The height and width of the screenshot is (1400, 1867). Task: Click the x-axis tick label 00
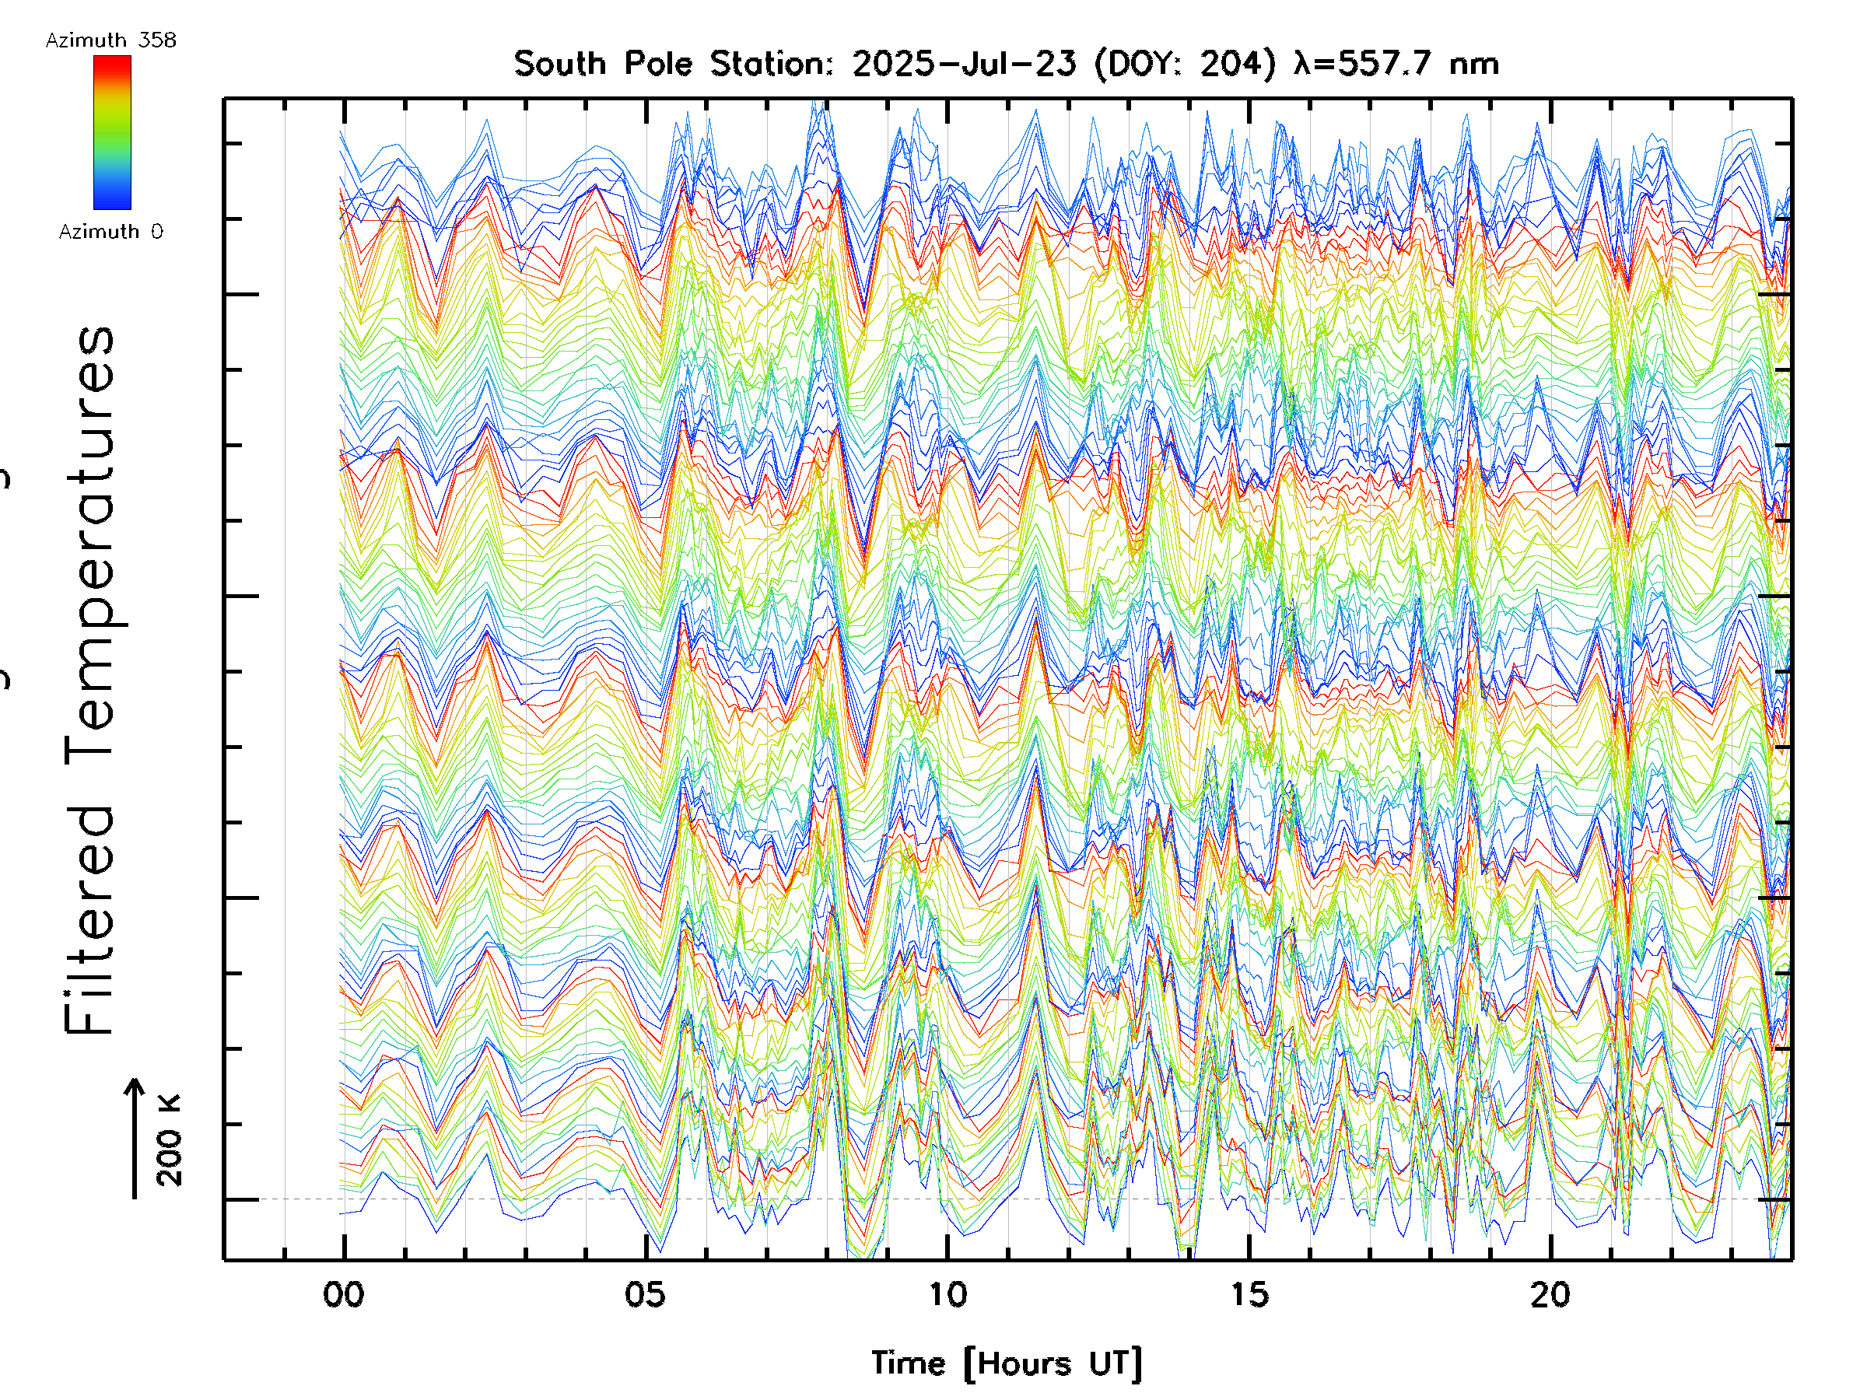point(344,1294)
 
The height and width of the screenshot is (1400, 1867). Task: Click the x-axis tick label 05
point(646,1294)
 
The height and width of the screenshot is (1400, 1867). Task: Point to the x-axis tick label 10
point(947,1294)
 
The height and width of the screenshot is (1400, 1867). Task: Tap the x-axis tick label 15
point(1249,1294)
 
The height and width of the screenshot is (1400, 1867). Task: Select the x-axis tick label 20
point(1550,1294)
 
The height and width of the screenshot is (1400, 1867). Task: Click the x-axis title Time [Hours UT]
point(1006,1363)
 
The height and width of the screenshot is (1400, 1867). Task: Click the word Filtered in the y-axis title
point(89,920)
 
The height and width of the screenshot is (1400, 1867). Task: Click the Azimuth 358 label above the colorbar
point(110,40)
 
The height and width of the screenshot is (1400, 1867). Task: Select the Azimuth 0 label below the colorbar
point(110,231)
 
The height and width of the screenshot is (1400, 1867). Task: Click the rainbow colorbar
point(112,132)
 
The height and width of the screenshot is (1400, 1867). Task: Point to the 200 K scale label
point(169,1140)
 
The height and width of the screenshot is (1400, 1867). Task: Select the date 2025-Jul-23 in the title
point(964,64)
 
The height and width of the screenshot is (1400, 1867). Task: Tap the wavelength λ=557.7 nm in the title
point(1395,64)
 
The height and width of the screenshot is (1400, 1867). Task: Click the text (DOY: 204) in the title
point(1185,64)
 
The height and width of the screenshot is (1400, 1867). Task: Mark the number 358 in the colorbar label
point(158,40)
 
